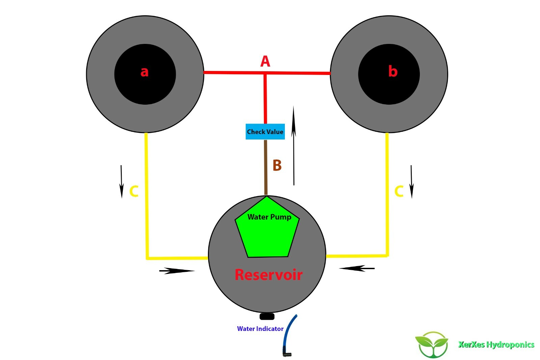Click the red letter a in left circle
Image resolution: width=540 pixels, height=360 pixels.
[144, 72]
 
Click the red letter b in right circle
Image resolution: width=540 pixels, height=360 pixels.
[393, 71]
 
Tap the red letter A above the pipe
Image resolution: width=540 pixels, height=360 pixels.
[265, 61]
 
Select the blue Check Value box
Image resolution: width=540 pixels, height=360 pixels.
[265, 132]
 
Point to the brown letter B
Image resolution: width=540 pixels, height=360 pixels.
[277, 165]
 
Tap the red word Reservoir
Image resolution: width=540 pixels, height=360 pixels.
[268, 275]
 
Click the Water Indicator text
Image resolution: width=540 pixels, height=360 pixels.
[260, 329]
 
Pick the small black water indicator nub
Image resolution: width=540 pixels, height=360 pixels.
[267, 316]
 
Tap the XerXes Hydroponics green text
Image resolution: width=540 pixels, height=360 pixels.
[496, 344]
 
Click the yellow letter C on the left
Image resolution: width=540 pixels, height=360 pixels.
[134, 191]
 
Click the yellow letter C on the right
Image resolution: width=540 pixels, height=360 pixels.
[399, 191]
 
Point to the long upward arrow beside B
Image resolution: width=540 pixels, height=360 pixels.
[294, 145]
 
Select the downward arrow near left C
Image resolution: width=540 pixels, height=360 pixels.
[122, 181]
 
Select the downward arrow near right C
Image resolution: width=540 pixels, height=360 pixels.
[411, 181]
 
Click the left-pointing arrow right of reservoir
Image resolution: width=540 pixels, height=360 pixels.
[357, 268]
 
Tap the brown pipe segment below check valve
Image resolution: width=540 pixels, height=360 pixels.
[266, 167]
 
